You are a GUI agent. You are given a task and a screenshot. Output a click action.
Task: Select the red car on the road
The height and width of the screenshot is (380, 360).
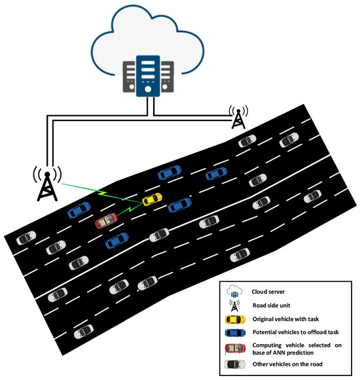tap(105, 221)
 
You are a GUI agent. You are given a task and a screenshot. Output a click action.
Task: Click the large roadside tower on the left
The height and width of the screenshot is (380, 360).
tap(46, 183)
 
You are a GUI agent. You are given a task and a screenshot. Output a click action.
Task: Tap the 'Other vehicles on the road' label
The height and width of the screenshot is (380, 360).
tap(287, 364)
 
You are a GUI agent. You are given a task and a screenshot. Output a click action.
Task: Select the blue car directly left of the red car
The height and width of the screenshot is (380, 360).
tap(79, 210)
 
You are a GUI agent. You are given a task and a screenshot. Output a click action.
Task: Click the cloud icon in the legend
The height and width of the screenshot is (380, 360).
tap(234, 292)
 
